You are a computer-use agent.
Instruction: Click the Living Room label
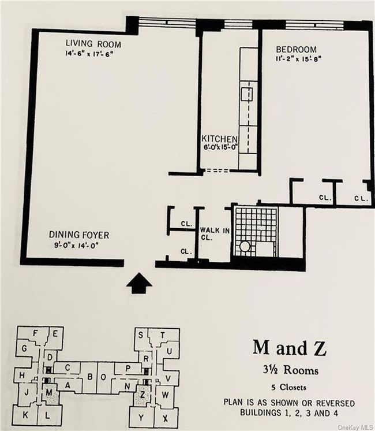[x=93, y=44]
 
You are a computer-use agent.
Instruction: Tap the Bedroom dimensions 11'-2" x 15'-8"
[x=298, y=59]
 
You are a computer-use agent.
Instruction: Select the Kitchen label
[x=219, y=139]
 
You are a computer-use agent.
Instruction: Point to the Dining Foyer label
[x=79, y=235]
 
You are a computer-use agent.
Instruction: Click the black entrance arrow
[x=140, y=283]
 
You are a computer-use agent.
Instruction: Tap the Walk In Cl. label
[x=215, y=233]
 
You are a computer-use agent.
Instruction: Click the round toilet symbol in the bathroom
[x=244, y=246]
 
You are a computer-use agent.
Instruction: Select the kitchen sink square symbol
[x=247, y=94]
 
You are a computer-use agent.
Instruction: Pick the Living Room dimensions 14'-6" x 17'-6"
[x=89, y=54]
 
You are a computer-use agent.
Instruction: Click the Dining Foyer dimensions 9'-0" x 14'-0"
[x=76, y=245]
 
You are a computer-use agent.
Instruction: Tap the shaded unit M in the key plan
[x=50, y=393]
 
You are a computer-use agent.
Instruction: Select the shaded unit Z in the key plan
[x=142, y=395]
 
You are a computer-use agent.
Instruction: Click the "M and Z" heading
[x=290, y=348]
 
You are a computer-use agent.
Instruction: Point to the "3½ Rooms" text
[x=291, y=370]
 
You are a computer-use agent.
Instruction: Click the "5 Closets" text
[x=289, y=387]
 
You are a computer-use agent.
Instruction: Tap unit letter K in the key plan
[x=25, y=415]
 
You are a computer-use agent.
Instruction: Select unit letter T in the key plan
[x=163, y=335]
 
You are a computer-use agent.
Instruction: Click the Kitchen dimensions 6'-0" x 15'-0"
[x=220, y=147]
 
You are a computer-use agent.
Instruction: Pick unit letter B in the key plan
[x=90, y=377]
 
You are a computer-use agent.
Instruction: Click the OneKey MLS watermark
[x=356, y=427]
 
